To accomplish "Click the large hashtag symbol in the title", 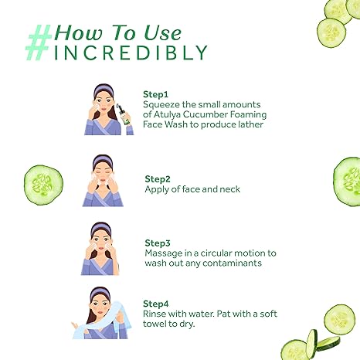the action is (39, 42).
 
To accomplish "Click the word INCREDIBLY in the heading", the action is (131, 53).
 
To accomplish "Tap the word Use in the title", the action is (162, 33).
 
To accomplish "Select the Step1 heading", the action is (155, 94).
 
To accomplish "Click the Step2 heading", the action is (158, 179).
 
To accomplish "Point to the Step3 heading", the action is (158, 243).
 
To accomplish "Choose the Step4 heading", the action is (156, 304).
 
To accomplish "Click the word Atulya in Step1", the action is (167, 114).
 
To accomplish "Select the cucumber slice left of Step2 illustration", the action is (43, 185).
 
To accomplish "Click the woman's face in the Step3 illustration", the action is (101, 241).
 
